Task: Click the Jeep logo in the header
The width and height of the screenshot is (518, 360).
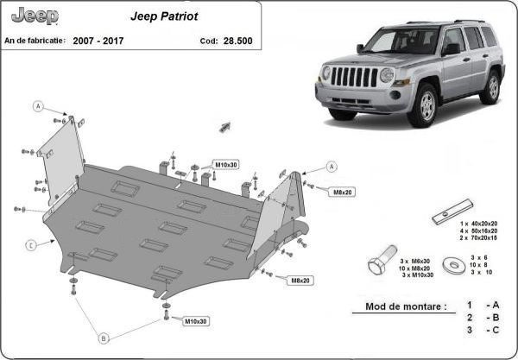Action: (x=35, y=16)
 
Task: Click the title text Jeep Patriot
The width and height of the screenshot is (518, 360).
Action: (x=164, y=16)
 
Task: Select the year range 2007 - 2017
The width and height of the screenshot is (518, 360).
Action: (x=98, y=41)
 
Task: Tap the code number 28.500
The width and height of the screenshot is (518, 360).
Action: (x=238, y=41)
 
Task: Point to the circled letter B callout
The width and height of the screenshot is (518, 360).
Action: (x=104, y=338)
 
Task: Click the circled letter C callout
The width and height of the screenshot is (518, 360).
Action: (x=30, y=245)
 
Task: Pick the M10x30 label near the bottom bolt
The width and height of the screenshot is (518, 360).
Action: (x=196, y=321)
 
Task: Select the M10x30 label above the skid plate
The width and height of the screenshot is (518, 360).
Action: (x=226, y=165)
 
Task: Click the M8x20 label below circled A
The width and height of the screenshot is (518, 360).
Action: (x=342, y=192)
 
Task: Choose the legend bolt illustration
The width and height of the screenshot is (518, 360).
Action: (x=382, y=260)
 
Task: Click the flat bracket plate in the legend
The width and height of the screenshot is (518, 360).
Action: (x=452, y=212)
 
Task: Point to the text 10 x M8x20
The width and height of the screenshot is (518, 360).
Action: (x=414, y=268)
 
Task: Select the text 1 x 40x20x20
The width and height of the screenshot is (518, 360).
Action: (x=478, y=224)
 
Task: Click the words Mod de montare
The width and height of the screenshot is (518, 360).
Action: (x=406, y=306)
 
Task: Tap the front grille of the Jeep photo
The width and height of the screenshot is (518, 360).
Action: (x=354, y=77)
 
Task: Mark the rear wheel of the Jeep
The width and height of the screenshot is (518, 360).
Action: (x=493, y=87)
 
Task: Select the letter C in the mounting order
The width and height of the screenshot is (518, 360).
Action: (x=496, y=330)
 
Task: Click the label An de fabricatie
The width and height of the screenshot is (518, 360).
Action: (x=35, y=41)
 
